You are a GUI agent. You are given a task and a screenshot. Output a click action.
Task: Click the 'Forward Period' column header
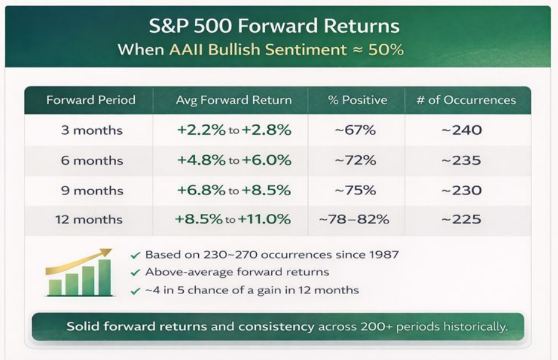(x=91, y=100)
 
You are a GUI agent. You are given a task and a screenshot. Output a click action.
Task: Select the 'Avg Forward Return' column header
(x=233, y=100)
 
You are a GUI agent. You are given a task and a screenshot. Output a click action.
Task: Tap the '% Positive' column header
(x=357, y=100)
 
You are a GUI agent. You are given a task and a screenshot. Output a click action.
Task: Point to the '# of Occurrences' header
(x=466, y=100)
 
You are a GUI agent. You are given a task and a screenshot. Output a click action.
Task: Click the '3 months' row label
(x=92, y=130)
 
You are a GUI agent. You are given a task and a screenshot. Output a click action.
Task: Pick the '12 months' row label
(x=89, y=219)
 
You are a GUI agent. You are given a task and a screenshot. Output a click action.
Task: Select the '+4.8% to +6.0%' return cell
(x=234, y=160)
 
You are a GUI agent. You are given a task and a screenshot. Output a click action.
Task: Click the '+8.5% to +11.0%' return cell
(x=233, y=219)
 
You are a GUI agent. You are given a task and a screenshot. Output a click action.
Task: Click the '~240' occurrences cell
(x=462, y=130)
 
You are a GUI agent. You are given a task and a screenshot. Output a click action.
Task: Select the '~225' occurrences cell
(x=462, y=219)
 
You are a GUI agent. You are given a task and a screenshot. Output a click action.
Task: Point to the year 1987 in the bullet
(x=384, y=255)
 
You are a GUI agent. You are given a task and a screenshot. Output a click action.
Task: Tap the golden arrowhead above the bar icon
(x=106, y=252)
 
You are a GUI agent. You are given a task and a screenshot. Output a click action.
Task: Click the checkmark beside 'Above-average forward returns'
(x=136, y=273)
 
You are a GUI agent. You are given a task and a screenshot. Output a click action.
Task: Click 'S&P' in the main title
(x=168, y=26)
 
